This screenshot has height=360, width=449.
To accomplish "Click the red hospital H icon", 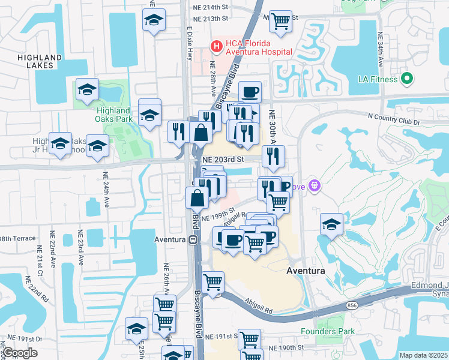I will click(x=215, y=46).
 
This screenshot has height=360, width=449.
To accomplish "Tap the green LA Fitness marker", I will click(x=406, y=78).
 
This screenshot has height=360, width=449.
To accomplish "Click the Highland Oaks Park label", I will click(x=113, y=115).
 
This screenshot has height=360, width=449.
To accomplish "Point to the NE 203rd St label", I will click(x=223, y=160).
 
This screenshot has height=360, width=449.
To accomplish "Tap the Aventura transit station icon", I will click(x=193, y=239).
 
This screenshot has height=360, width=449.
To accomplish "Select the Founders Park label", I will click(x=326, y=331).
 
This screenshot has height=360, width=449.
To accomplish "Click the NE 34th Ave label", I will click(x=381, y=48).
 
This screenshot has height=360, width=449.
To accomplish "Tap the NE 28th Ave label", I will click(x=213, y=78).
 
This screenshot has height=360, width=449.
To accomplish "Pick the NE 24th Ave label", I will click(x=106, y=190).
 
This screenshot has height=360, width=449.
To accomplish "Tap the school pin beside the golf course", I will click(x=331, y=224).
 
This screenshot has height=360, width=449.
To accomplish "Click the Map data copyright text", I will click(x=423, y=355).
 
